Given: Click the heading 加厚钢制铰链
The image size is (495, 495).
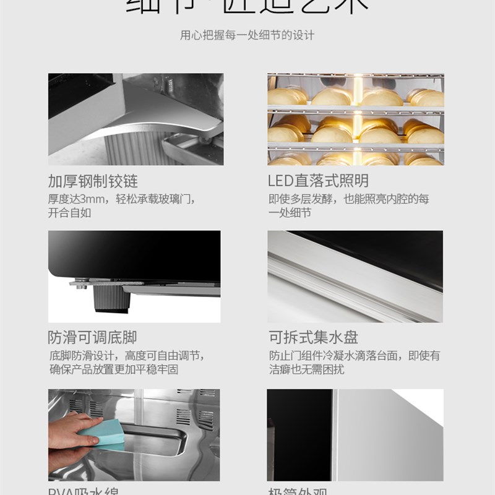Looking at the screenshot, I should [x=93, y=181].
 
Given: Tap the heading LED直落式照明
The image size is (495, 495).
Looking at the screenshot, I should [x=319, y=181].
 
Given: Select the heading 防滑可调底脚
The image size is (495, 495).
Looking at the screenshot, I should [x=93, y=338].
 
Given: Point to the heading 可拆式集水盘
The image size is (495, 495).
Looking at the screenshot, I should [x=313, y=338].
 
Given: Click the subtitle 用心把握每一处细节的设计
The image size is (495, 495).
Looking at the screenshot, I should [x=247, y=35].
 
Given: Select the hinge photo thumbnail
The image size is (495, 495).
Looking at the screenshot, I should [x=134, y=119].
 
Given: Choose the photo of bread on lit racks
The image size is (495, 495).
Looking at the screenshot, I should [x=355, y=119].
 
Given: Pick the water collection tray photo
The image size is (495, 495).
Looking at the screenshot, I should [x=355, y=277].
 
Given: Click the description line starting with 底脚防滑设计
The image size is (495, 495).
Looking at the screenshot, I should [x=126, y=356].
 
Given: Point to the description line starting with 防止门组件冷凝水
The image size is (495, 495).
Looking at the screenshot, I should [x=354, y=356].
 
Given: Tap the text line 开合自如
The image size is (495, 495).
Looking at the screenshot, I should [x=69, y=213].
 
